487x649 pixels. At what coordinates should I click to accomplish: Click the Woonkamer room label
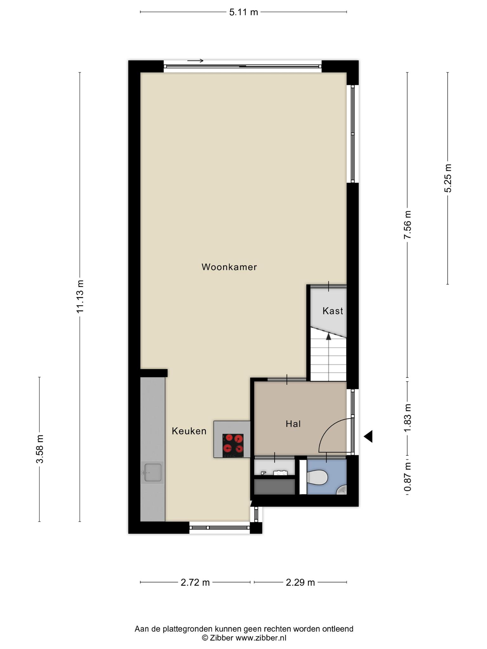point(229,267)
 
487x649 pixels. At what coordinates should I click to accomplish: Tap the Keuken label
point(189,431)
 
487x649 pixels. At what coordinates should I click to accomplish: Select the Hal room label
point(293,424)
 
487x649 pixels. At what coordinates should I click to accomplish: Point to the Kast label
point(333,311)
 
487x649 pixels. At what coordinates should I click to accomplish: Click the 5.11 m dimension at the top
point(244,12)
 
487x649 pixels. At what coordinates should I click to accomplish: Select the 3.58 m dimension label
point(40,449)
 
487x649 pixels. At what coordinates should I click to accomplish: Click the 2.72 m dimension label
point(195,582)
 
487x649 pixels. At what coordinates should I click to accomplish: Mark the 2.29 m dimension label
point(300,582)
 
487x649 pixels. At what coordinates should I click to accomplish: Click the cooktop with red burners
point(233,445)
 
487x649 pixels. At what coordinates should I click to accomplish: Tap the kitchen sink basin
point(153,472)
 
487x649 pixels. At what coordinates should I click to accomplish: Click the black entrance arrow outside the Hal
point(368,437)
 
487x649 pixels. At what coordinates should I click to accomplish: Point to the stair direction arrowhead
point(328,336)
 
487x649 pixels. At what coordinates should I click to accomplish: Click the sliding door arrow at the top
point(195,61)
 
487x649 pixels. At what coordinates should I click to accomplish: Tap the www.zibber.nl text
point(261,638)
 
